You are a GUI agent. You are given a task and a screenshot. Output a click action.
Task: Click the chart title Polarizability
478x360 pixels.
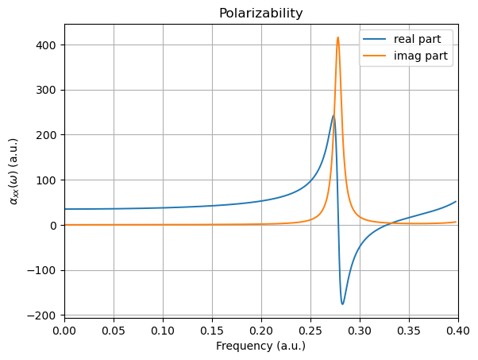pyautogui.click(x=260, y=14)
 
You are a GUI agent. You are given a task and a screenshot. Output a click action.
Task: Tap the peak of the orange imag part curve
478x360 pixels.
pyautogui.click(x=337, y=37)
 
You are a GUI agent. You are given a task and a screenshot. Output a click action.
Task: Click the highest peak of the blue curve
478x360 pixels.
pyautogui.click(x=333, y=116)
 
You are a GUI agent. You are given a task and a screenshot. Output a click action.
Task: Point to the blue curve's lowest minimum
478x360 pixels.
pyautogui.click(x=342, y=304)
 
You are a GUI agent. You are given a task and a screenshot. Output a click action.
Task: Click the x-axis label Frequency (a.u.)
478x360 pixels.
pyautogui.click(x=260, y=346)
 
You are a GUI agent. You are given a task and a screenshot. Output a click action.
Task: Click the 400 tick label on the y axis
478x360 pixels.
pyautogui.click(x=48, y=45)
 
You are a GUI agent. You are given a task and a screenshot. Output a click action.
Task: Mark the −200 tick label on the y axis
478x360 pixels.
pyautogui.click(x=43, y=315)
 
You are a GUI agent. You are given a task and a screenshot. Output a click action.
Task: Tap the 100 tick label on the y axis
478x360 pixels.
pyautogui.click(x=48, y=180)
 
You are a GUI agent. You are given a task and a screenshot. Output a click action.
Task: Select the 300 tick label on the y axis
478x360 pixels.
pyautogui.click(x=48, y=90)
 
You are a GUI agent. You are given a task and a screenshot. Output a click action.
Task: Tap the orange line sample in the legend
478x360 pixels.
pyautogui.click(x=376, y=56)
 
